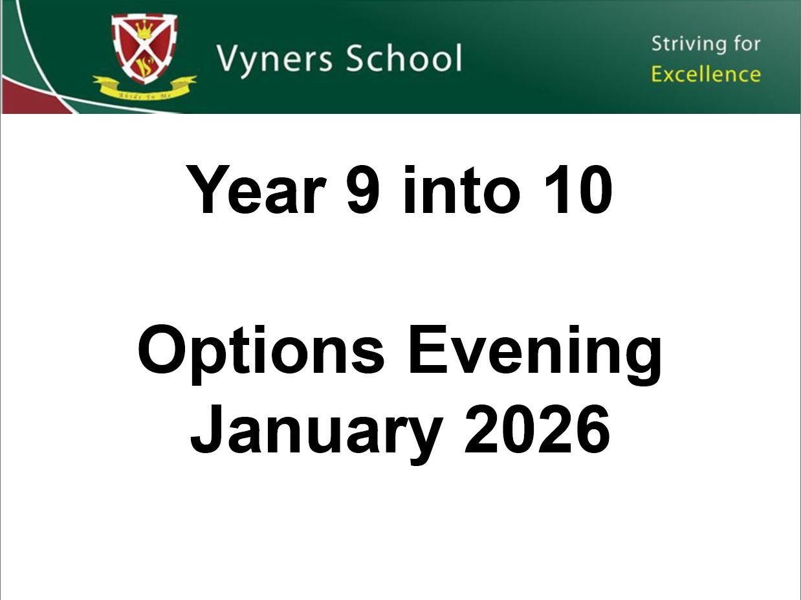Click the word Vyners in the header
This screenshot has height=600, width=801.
click(276, 58)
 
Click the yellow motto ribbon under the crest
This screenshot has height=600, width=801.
click(144, 87)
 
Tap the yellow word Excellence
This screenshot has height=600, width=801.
click(706, 74)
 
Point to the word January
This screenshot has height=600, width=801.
click(316, 430)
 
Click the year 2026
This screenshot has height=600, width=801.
click(538, 428)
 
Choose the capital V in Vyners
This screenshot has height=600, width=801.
click(228, 58)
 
